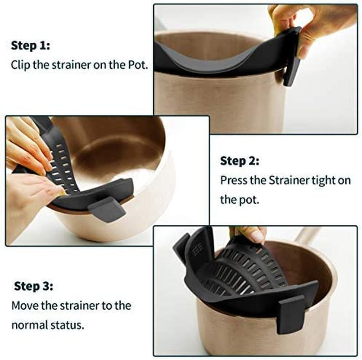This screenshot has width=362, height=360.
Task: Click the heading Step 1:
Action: point(31,45)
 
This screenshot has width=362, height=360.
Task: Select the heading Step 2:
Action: point(240,161)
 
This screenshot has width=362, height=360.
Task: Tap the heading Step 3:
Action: point(33,286)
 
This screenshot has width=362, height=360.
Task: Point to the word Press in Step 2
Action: point(233,180)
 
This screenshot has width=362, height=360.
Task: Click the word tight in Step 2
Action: point(324,180)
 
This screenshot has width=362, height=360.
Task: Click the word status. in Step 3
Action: point(69,325)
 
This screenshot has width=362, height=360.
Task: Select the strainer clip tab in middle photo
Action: point(107,209)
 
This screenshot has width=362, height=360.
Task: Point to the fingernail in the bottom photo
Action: point(256,235)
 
